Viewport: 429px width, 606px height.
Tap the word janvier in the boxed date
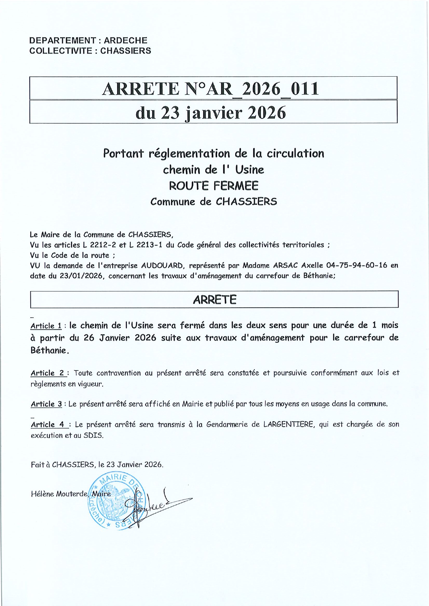pos(214,113)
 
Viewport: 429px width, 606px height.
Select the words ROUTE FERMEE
pos(213,186)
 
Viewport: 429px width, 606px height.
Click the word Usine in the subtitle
pos(249,170)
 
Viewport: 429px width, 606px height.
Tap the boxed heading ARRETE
pos(214,299)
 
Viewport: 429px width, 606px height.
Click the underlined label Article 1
pos(46,326)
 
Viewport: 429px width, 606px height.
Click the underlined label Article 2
pos(48,373)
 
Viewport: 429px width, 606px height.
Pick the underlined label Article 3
pos(46,404)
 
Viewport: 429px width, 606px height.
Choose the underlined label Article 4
pos(48,425)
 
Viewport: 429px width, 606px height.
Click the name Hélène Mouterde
pos(59,494)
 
